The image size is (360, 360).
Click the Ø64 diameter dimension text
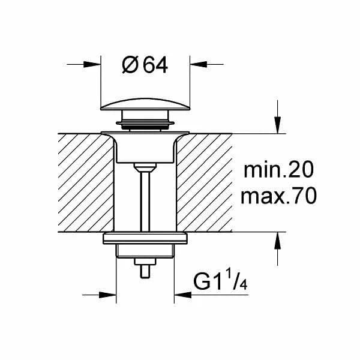[145, 65]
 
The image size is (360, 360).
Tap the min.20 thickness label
[278, 170]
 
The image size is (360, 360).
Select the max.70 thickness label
[278, 196]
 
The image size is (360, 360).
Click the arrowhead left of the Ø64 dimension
[92, 65]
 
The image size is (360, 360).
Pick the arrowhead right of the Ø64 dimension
[199, 65]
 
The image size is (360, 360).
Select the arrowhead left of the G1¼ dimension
[107, 295]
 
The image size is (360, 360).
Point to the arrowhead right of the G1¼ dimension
[183, 295]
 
